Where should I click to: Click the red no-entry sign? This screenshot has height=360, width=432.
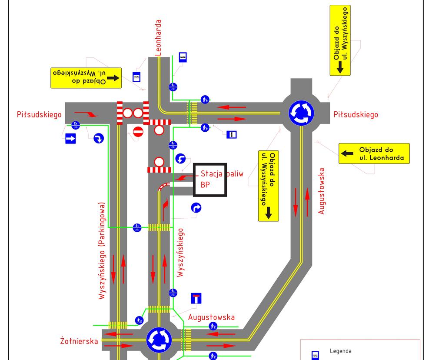[138, 132]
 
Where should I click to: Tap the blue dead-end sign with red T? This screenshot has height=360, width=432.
[196, 298]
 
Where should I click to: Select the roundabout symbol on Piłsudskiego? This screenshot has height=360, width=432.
[301, 113]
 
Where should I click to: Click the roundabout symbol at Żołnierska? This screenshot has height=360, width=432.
[159, 340]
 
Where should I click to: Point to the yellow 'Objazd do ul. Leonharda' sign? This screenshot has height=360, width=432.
[374, 153]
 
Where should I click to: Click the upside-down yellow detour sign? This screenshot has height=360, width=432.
[86, 78]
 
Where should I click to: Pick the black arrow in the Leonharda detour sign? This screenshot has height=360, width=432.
[347, 153]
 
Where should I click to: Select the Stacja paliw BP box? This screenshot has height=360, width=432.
[210, 180]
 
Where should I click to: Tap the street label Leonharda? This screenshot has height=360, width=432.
[158, 38]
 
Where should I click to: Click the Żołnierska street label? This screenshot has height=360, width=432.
[79, 341]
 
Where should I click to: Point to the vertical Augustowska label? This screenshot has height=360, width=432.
[321, 191]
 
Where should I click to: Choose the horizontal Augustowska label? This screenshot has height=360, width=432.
[211, 317]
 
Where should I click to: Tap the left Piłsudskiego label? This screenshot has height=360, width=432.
[39, 114]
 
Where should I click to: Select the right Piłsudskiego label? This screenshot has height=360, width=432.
[356, 114]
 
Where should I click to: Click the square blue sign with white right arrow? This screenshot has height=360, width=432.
[70, 138]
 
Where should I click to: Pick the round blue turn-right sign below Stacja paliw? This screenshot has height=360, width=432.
[196, 207]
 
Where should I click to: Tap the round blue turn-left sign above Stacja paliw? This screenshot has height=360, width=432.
[180, 159]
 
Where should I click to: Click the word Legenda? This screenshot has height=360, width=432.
[341, 351]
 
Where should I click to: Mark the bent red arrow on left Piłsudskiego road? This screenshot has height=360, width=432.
[86, 113]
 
